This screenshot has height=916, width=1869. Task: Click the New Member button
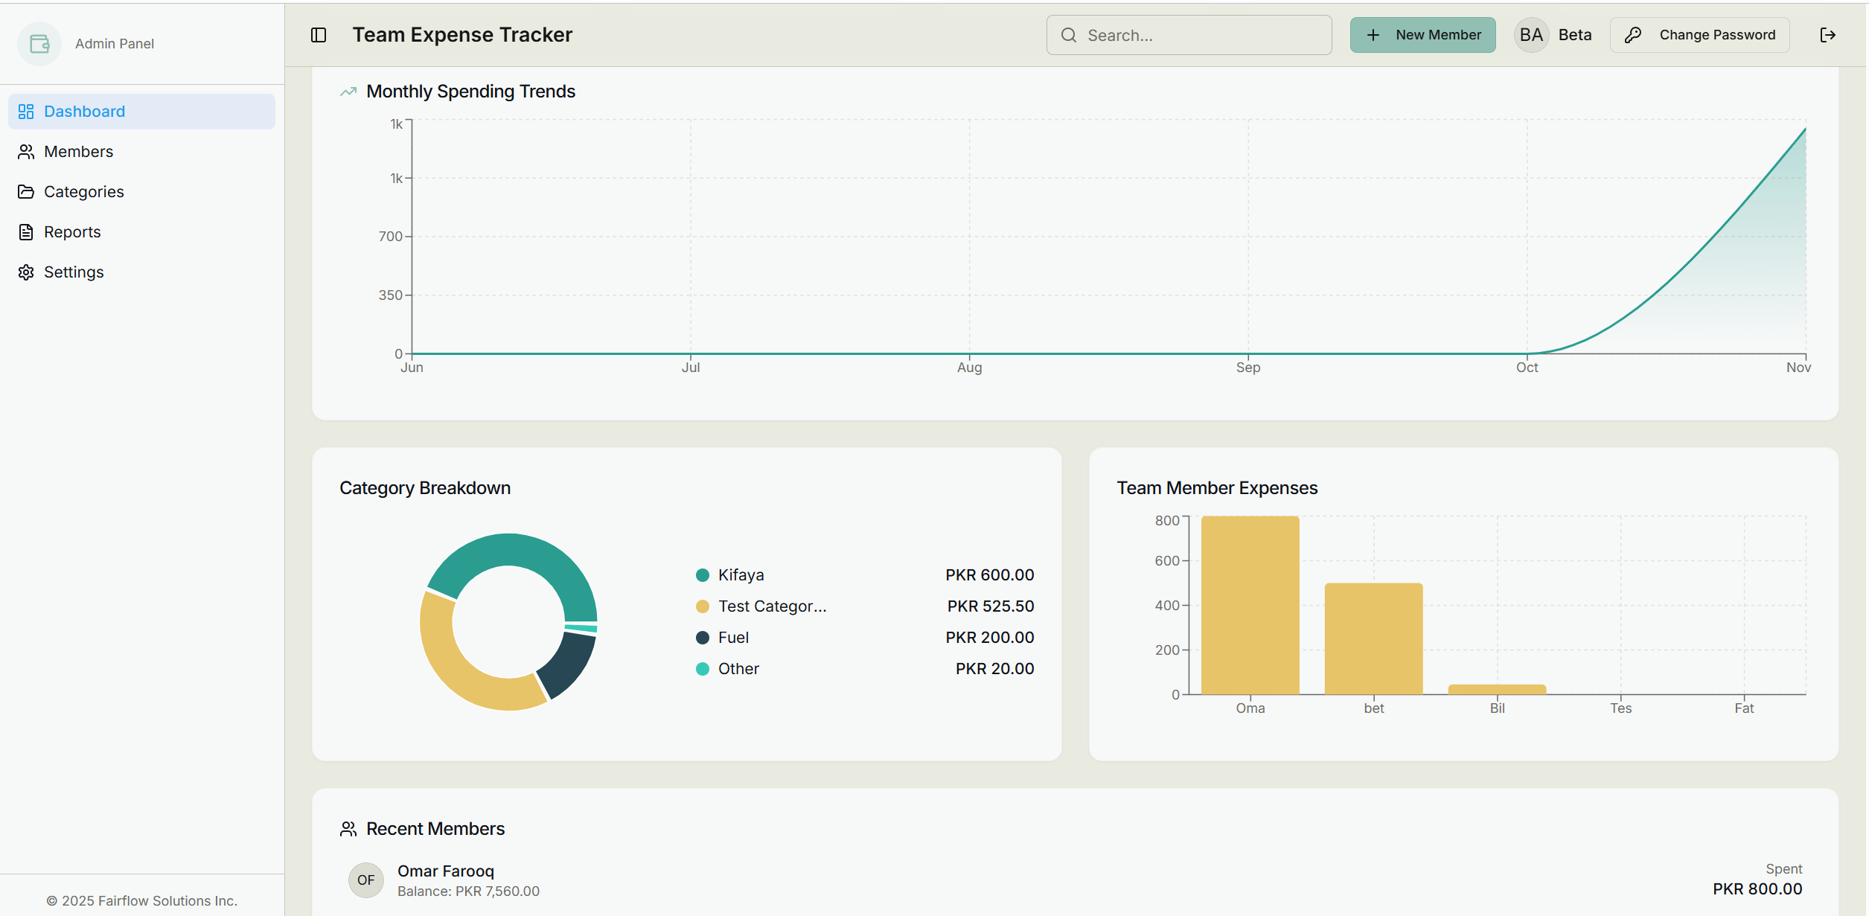(1422, 35)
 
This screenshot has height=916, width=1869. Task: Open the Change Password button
(1699, 35)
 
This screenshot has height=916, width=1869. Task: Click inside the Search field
(1189, 35)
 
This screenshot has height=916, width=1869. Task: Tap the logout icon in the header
(1827, 35)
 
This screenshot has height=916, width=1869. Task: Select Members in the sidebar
(78, 152)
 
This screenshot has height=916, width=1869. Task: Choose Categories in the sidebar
(83, 192)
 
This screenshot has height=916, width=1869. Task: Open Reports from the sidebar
(72, 232)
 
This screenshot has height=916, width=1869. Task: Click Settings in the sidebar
(74, 272)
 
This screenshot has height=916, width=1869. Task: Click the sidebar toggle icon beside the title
(319, 35)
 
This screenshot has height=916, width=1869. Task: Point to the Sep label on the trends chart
(1248, 368)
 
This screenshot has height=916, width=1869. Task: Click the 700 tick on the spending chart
(390, 237)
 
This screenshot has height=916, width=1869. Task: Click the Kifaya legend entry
(741, 575)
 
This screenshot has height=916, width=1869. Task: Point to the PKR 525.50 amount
(990, 606)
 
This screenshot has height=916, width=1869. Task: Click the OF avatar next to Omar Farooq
(365, 880)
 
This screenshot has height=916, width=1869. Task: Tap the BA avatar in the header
(1531, 35)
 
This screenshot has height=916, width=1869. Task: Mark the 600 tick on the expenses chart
(1166, 561)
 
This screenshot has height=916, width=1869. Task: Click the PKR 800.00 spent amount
(1757, 889)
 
